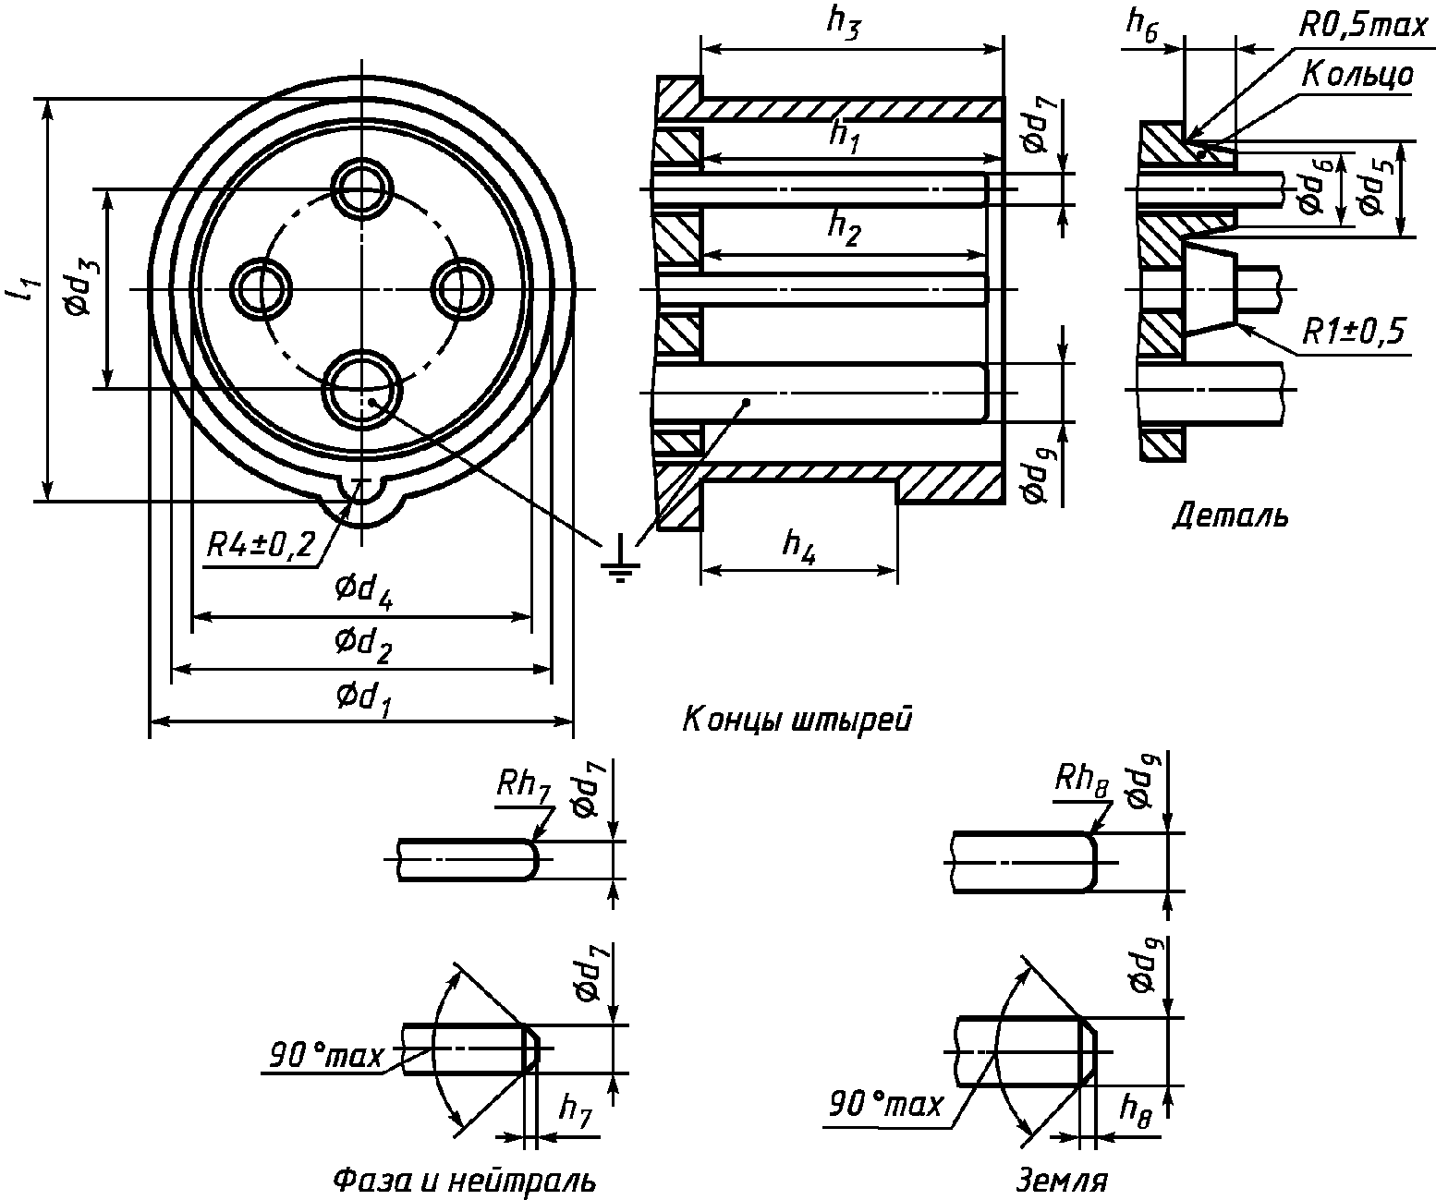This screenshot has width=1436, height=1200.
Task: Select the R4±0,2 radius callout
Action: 262,545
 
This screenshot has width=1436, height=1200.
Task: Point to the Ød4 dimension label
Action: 364,590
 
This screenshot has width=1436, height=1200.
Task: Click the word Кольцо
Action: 1357,75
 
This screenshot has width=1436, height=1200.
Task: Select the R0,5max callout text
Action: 1362,26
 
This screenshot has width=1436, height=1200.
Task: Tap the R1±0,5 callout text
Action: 1354,332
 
